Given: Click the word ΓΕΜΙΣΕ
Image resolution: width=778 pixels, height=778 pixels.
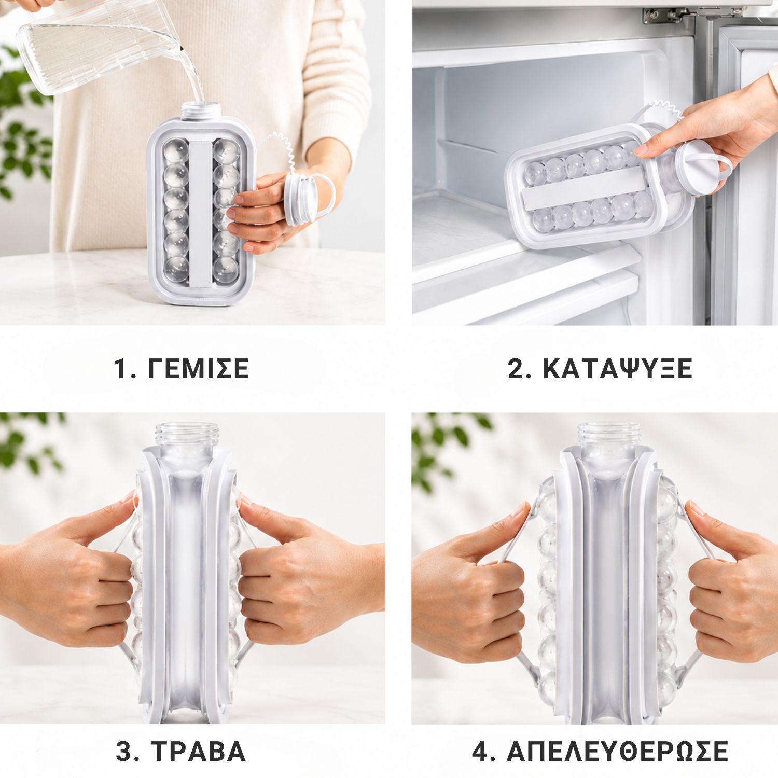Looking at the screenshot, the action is [x=199, y=369].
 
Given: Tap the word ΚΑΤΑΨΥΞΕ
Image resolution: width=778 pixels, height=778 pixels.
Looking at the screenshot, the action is [x=618, y=369].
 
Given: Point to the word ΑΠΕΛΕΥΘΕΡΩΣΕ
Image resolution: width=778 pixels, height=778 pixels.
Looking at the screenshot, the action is [x=618, y=751].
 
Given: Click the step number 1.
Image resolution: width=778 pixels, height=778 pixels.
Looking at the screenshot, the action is [x=120, y=369].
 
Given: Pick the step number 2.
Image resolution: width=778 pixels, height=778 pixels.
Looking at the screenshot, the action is [x=518, y=369].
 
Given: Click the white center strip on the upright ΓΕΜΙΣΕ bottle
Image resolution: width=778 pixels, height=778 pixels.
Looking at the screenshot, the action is [x=200, y=213].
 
